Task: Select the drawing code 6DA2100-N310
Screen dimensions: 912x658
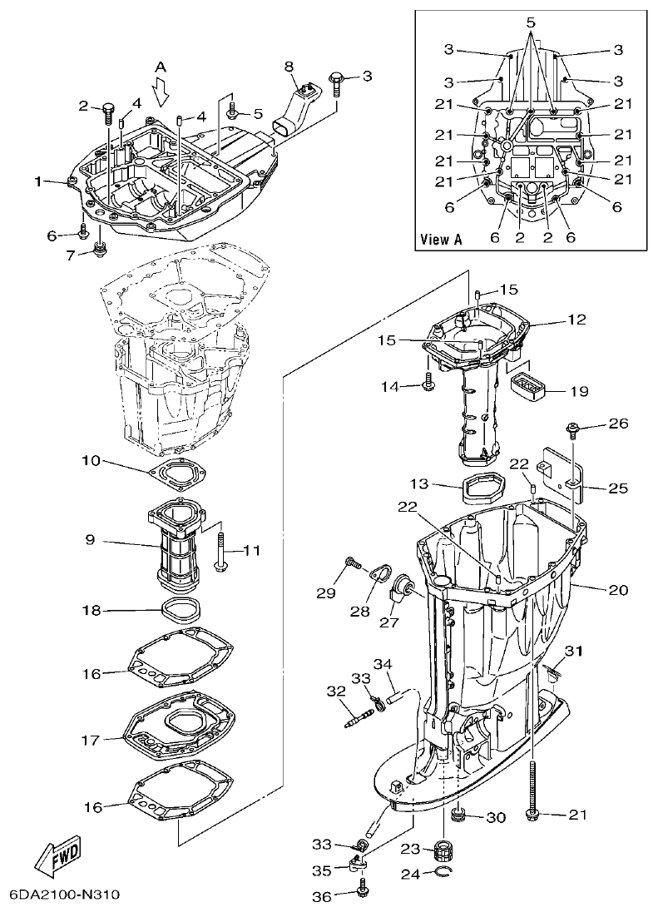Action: [x=65, y=895]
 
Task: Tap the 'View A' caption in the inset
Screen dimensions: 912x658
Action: [x=441, y=239]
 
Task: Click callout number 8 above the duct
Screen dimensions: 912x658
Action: [x=289, y=66]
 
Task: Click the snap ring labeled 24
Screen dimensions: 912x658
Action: [x=446, y=872]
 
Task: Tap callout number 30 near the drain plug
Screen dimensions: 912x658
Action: [x=496, y=817]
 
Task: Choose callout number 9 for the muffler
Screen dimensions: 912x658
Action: [x=90, y=540]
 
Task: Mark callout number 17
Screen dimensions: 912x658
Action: [x=90, y=739]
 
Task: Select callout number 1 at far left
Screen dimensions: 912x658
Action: [x=37, y=181]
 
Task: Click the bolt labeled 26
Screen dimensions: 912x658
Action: [x=572, y=429]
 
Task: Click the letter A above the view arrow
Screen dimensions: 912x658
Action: [x=161, y=66]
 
